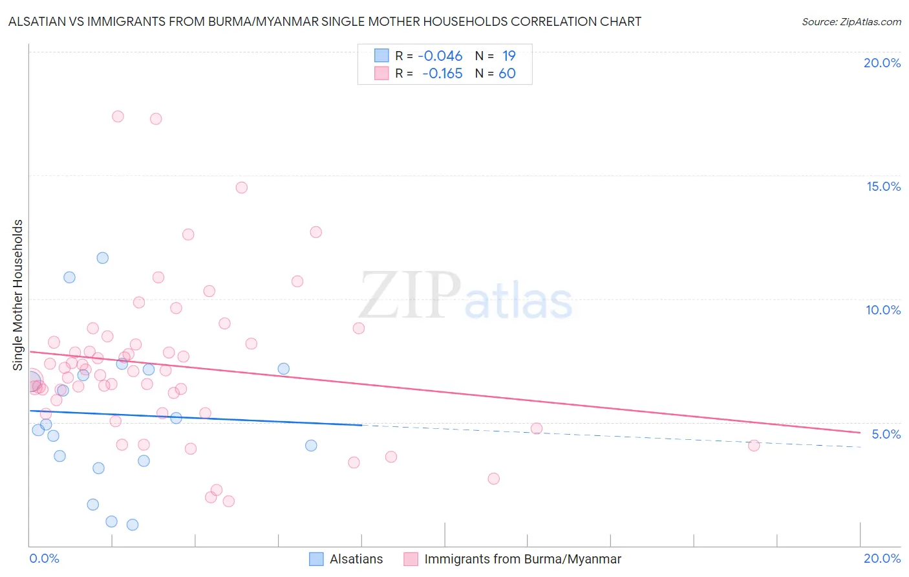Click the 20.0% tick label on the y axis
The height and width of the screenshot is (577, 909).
tap(882, 63)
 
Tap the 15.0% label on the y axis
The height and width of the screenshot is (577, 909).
tap(883, 186)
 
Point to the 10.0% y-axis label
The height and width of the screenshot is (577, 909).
tap(883, 310)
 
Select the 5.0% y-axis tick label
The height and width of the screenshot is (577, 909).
tap(886, 433)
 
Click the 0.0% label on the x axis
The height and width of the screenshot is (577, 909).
tap(44, 558)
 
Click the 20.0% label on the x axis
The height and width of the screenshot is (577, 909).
tap(882, 558)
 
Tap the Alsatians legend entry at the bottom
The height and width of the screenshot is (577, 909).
tap(356, 559)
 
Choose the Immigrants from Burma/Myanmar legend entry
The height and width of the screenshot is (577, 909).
tap(522, 559)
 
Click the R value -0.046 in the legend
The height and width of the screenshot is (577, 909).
tap(440, 56)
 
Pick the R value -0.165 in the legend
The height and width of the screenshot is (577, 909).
tap(442, 74)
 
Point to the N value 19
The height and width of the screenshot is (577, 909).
tap(509, 56)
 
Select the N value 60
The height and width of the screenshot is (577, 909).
tap(507, 74)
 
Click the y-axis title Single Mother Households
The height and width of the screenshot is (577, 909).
tap(18, 295)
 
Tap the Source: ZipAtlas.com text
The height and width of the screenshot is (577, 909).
tap(851, 21)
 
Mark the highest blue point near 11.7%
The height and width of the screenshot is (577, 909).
tap(102, 258)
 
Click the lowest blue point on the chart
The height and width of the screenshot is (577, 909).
tap(133, 525)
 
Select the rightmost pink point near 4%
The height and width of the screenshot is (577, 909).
tap(753, 445)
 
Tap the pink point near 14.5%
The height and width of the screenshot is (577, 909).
tap(242, 188)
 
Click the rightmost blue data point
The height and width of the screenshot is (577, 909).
tap(311, 445)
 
